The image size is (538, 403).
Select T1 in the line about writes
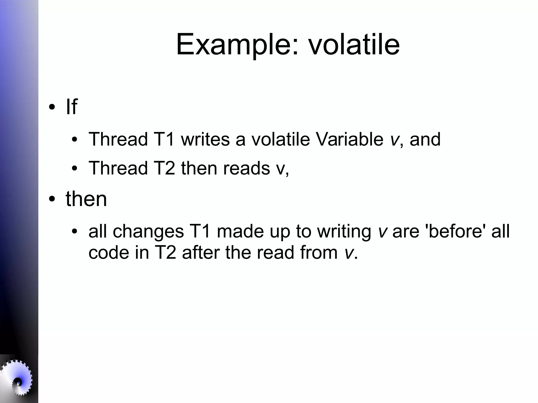click(x=164, y=139)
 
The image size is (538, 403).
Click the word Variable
click(x=349, y=139)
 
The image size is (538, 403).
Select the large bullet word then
click(x=86, y=199)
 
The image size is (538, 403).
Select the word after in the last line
click(x=200, y=253)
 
